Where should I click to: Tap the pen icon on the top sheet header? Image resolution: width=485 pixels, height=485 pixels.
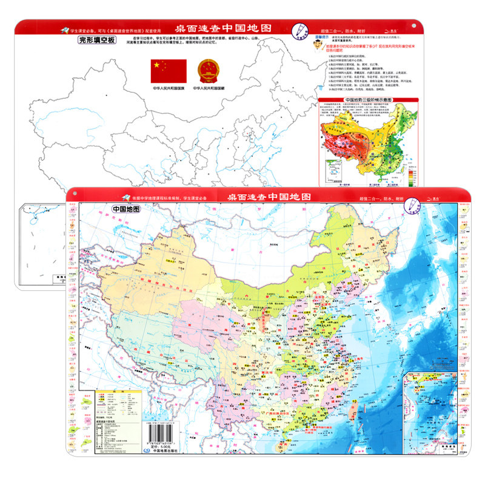299,29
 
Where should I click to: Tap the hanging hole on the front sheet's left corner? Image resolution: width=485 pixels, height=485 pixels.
75,193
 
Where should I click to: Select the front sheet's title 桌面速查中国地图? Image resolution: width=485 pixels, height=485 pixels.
270,197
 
